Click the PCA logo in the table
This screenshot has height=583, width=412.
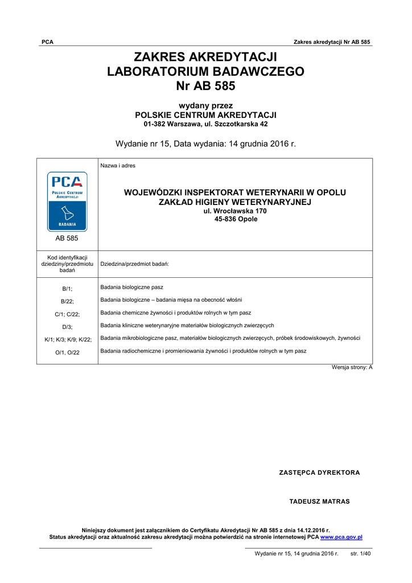67,200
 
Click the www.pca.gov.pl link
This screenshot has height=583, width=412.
341,537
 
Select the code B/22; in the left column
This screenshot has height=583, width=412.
67,301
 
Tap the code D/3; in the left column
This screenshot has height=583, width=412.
67,326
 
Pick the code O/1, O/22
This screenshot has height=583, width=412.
67,352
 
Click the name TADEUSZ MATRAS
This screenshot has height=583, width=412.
319,502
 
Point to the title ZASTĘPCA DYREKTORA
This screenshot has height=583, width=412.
319,473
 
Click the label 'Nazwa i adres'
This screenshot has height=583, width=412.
118,166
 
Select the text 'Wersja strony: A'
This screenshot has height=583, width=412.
352,367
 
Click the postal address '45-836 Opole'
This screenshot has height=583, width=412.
235,219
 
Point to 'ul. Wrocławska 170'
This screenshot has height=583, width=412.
235,211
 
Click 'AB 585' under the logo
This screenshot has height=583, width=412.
67,239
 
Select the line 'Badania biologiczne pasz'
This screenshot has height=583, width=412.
131,287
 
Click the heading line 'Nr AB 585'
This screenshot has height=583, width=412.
205,86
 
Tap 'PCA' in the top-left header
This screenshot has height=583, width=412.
47,42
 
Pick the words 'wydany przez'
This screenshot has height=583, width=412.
205,105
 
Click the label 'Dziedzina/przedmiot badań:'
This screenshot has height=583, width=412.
134,264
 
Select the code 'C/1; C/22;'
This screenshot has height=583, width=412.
67,314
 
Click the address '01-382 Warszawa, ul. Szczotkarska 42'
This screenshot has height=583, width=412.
205,124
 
